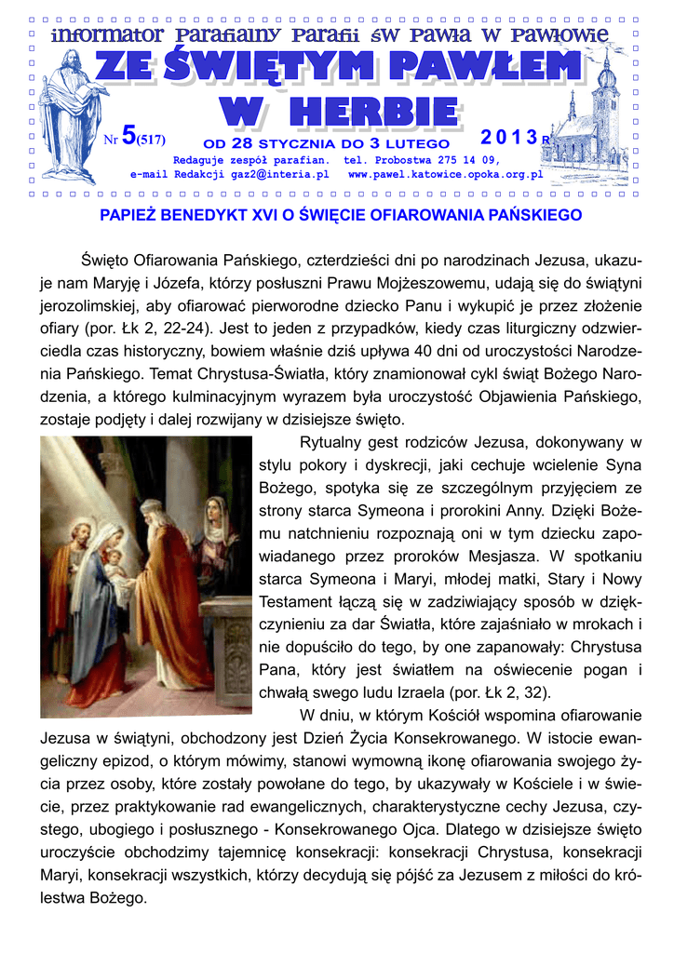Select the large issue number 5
click(x=128, y=138)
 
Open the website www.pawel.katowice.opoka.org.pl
click(x=445, y=174)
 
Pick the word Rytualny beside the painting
click(x=338, y=441)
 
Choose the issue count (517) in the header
click(x=151, y=141)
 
